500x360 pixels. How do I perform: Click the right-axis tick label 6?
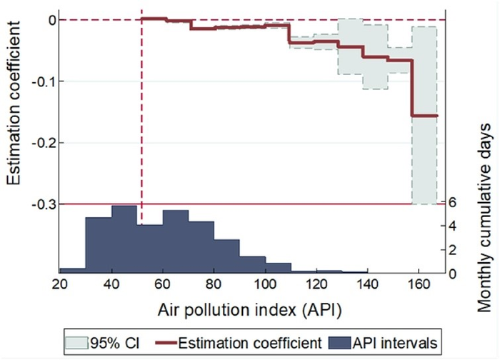[x=452, y=203]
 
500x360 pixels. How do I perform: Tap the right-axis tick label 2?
[x=452, y=250]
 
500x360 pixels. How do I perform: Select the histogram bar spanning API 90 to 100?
[x=252, y=264]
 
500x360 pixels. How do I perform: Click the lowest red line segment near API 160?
[x=424, y=116]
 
